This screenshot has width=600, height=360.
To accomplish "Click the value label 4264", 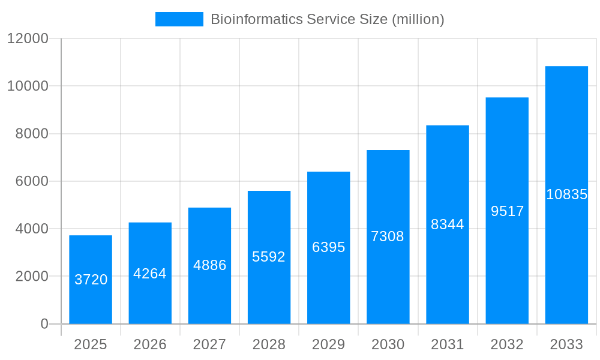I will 150,274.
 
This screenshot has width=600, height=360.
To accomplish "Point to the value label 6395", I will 329,247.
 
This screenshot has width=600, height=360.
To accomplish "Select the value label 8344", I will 448,224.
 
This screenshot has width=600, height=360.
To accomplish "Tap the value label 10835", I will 566,194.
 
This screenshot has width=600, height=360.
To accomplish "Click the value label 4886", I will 209,265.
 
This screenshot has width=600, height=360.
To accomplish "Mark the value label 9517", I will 507,211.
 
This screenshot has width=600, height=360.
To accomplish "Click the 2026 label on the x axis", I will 150,344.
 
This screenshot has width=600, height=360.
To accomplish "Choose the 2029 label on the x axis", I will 329,344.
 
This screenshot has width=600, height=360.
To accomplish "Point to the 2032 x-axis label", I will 507,344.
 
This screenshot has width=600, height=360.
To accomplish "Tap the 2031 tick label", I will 448,344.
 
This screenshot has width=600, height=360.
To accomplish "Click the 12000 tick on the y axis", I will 27,39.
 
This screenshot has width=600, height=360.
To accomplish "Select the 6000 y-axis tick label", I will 31,181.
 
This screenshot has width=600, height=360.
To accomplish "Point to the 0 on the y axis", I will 44,324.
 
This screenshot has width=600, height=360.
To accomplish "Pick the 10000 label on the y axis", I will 27,86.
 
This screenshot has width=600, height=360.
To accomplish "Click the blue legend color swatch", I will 179,19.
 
